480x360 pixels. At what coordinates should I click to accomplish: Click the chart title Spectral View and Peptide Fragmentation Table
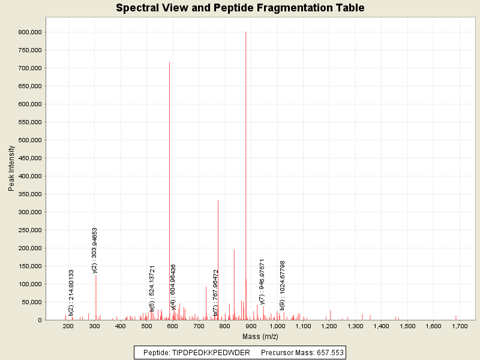tap(240, 8)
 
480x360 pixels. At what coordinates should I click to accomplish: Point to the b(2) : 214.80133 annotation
tap(71, 284)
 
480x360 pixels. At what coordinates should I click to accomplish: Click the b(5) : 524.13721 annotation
tap(152, 280)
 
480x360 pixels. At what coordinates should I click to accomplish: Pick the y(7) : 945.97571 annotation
tap(262, 282)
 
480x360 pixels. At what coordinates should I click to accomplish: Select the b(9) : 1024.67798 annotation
tap(283, 285)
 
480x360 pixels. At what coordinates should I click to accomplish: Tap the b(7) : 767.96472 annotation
tap(216, 284)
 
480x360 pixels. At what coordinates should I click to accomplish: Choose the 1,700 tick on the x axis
tap(459, 326)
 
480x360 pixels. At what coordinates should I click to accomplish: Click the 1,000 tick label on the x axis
tap(277, 326)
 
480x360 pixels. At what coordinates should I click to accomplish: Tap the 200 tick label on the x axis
tap(68, 326)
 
